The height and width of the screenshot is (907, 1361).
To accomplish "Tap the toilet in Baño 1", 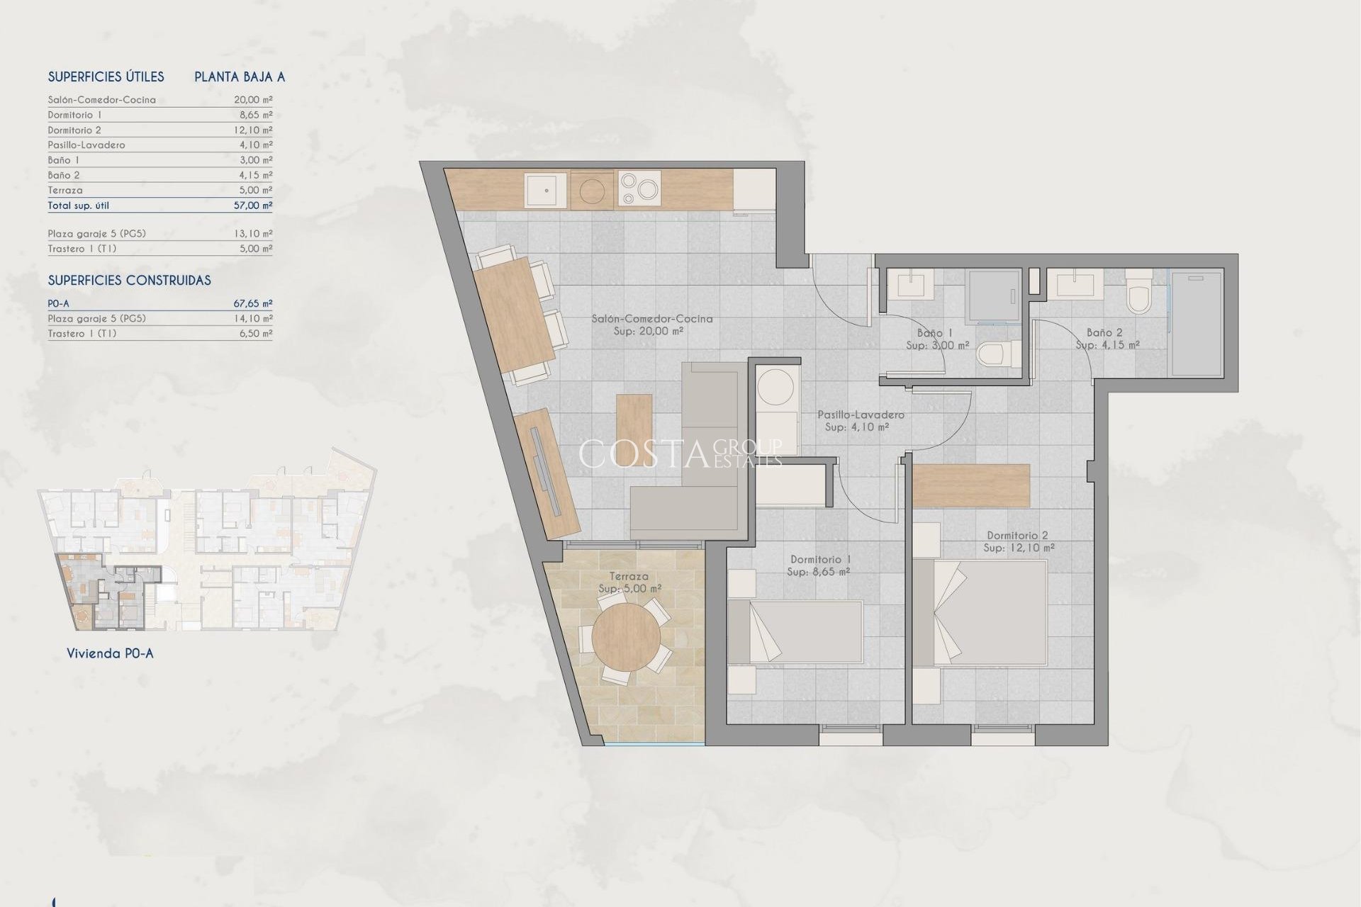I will pyautogui.click(x=997, y=354).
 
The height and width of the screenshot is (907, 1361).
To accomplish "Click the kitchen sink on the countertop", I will pyautogui.click(x=545, y=190).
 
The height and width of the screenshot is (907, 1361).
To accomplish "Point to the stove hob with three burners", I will pyautogui.click(x=639, y=189).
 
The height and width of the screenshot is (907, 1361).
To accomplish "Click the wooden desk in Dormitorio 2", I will pyautogui.click(x=970, y=485).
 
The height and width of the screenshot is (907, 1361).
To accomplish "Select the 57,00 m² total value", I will pyautogui.click(x=253, y=205).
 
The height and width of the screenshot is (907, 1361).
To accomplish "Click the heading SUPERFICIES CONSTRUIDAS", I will pyautogui.click(x=129, y=281).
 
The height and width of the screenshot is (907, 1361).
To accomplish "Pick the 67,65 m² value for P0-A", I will pyautogui.click(x=253, y=303).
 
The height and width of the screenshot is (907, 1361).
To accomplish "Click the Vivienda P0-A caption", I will pyautogui.click(x=110, y=653).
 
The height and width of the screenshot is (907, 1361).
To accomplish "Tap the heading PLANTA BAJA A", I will pyautogui.click(x=240, y=77).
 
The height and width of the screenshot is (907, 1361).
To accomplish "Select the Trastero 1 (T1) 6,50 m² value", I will pyautogui.click(x=255, y=333).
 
